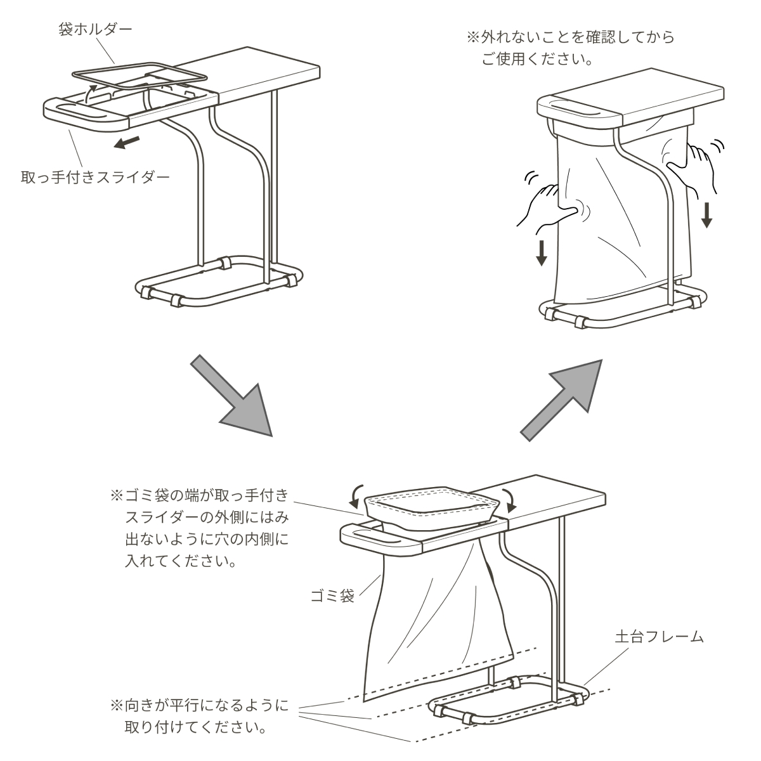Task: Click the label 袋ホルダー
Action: pos(95,29)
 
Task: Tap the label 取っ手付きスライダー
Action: pos(95,178)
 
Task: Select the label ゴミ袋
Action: pos(332,595)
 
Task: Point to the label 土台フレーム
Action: pos(659,637)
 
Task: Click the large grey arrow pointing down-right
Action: pos(232,396)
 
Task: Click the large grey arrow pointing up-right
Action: pos(562,400)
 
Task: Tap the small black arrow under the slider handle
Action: pos(126,143)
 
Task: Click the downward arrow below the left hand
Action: pos(541,254)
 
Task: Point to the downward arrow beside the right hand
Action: pos(706,215)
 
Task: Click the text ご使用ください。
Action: pos(537,60)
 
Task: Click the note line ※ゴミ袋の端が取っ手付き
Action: pos(199,495)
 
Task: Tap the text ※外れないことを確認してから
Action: pos(571,37)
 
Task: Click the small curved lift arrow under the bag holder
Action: pos(91,93)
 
